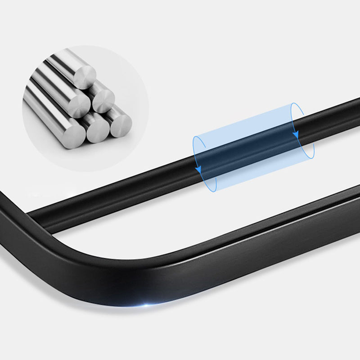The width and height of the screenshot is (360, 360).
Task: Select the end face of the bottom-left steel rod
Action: [x=73, y=134]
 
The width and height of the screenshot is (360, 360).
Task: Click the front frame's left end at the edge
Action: [x=4, y=198]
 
